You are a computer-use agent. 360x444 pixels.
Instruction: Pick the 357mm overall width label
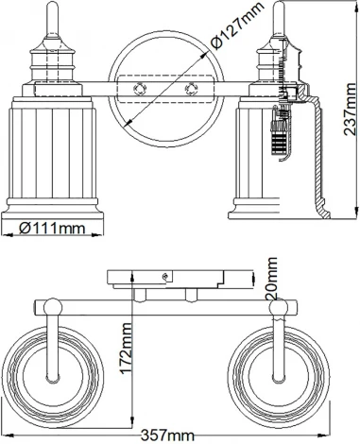[166, 435]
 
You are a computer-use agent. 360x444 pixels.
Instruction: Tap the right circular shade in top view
[280, 367]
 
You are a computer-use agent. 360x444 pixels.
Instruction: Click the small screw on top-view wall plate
[166, 276]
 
